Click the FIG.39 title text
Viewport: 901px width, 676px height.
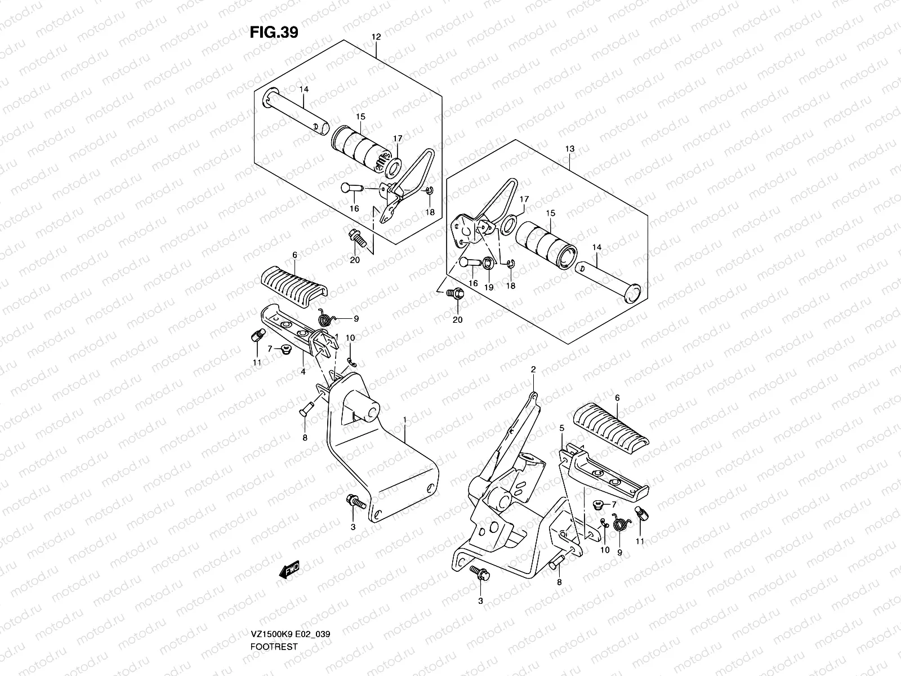pyautogui.click(x=274, y=33)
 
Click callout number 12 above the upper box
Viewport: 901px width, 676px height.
pyautogui.click(x=376, y=37)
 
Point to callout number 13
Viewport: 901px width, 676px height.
pyautogui.click(x=570, y=149)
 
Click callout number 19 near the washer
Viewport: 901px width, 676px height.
pyautogui.click(x=488, y=286)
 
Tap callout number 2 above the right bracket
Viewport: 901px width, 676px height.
pyautogui.click(x=533, y=370)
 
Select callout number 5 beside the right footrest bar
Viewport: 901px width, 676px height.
pyautogui.click(x=561, y=429)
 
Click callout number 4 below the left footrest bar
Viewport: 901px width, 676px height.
pyautogui.click(x=303, y=371)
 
